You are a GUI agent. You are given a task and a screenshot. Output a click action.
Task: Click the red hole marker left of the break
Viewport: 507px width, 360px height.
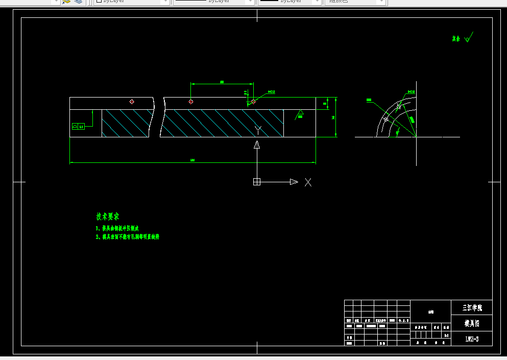132,102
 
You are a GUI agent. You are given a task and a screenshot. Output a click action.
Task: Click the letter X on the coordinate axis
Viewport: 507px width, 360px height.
308,182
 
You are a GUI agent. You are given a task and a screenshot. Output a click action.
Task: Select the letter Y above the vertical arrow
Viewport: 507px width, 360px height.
258,130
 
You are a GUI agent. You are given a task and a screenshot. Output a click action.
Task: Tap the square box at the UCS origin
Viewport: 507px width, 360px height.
257,182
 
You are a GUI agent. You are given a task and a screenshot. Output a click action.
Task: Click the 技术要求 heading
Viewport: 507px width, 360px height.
108,217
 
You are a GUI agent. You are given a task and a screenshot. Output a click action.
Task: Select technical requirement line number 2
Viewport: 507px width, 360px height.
128,237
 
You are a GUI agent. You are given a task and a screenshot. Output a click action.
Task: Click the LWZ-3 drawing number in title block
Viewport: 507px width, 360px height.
472,339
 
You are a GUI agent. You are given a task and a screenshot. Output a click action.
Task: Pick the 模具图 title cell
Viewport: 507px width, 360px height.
472,323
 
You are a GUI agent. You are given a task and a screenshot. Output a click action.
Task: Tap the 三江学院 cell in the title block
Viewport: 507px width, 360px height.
472,308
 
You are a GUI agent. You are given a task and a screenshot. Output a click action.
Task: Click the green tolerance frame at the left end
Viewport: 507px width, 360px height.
78,126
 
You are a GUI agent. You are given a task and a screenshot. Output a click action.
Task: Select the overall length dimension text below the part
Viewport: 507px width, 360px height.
192,160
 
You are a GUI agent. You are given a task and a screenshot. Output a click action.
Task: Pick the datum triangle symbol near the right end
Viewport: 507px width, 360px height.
300,112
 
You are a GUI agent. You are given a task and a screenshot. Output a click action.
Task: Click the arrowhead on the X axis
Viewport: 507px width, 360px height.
294,182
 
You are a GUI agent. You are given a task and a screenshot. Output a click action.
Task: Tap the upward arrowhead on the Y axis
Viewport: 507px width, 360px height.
257,145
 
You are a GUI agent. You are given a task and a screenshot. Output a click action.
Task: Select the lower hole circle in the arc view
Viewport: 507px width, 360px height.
386,119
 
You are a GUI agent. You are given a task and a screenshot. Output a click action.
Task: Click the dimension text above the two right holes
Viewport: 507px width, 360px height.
222,82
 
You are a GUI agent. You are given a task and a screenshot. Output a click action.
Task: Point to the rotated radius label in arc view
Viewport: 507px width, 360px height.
412,119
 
